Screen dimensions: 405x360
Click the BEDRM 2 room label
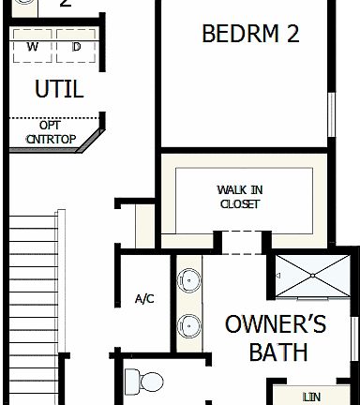[x=250, y=35]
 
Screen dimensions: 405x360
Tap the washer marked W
[x=33, y=47]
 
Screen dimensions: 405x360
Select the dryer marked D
[x=75, y=47]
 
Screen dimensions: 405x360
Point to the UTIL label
[x=58, y=89]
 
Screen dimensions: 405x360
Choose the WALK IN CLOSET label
[x=239, y=197]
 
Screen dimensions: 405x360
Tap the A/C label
[x=144, y=299]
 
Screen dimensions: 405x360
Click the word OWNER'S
[x=276, y=325]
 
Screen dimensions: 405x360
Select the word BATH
[x=278, y=352]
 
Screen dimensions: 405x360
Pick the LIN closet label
[x=311, y=397]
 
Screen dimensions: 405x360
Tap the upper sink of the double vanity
[x=188, y=278]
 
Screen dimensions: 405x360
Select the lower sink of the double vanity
[x=188, y=325]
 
